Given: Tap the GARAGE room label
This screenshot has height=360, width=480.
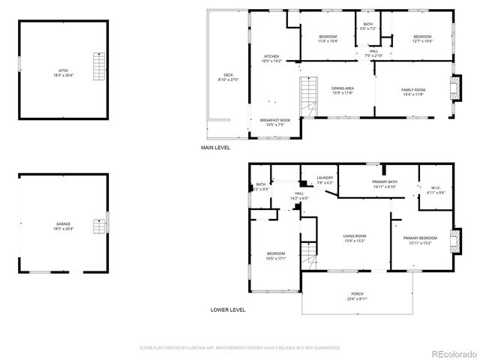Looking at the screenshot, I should tap(63, 226).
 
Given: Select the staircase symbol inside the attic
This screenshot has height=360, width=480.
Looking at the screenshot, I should tap(97, 67).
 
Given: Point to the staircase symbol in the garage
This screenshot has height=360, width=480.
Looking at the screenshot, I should tap(97, 226).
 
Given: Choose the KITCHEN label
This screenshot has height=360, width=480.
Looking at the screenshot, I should tap(271, 58).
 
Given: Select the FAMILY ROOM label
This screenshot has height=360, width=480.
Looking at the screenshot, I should tap(413, 91).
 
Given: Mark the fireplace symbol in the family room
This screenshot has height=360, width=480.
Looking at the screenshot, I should tap(452, 89).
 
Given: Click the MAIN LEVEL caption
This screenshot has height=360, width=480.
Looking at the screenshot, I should tap(216, 148).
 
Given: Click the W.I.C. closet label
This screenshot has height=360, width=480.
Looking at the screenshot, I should tap(436, 190).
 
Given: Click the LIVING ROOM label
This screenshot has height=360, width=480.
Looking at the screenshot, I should tap(344, 238).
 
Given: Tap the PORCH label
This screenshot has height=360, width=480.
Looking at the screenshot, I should tap(357, 295).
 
